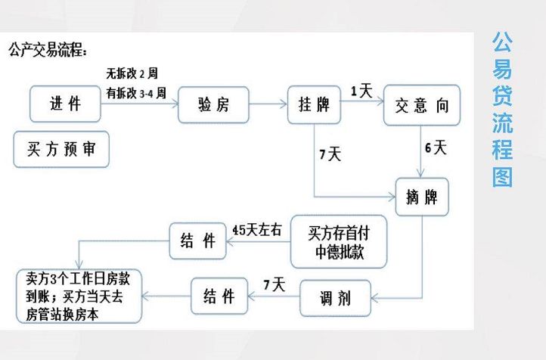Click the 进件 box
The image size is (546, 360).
[x=66, y=105]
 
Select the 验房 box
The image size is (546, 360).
[x=213, y=105]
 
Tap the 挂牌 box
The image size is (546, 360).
[x=314, y=105]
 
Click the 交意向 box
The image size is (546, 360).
[x=422, y=105]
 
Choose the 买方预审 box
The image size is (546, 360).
[x=61, y=148]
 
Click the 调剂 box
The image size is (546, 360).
[x=336, y=296]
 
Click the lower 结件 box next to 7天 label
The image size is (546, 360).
[x=218, y=296]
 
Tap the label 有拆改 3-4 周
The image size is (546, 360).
[x=137, y=93]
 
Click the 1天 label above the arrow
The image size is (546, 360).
[x=361, y=91]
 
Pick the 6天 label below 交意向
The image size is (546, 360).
[x=436, y=147]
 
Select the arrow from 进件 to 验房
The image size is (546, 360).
[x=141, y=105]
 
